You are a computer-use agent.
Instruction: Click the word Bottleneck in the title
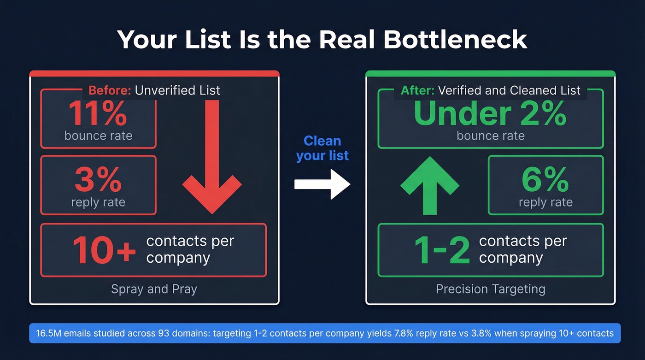coord(455,40)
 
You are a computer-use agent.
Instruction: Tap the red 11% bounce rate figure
coord(98,113)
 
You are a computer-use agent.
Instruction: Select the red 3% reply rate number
coord(98,180)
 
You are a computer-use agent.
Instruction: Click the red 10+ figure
coord(104,251)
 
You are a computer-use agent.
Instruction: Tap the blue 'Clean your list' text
coord(322,148)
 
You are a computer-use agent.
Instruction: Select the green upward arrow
coord(429,184)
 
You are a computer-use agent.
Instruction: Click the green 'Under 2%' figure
coord(490,113)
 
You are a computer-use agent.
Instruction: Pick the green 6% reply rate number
coord(545,180)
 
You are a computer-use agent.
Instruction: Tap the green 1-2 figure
coord(442,251)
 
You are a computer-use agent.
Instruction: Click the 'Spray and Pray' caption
coord(154,289)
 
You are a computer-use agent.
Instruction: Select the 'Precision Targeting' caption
coord(490,289)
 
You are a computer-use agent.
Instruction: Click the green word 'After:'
coord(417,90)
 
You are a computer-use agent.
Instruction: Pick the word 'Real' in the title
coord(353,40)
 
